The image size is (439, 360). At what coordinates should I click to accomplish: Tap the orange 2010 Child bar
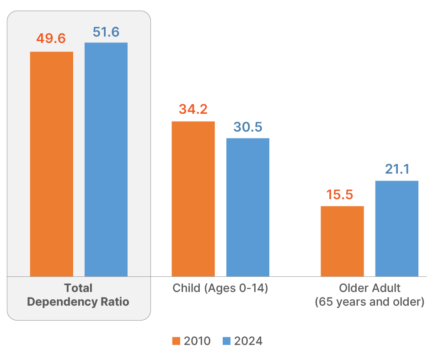(193, 198)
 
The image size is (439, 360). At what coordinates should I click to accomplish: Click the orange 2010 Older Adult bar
(342, 241)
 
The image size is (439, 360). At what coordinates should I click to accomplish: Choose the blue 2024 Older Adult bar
(396, 228)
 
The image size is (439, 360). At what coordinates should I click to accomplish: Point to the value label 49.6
(51, 38)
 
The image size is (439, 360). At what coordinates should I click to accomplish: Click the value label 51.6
(106, 32)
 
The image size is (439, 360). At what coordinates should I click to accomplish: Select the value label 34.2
(193, 110)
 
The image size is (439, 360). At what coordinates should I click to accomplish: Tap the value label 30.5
(248, 127)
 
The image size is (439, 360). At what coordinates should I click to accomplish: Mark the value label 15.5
(340, 195)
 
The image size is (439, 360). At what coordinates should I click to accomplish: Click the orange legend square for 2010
(177, 341)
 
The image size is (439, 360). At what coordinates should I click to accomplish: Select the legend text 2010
(197, 341)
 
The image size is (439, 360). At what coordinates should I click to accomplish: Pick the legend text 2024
(248, 341)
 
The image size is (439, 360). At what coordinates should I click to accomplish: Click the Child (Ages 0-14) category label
(220, 288)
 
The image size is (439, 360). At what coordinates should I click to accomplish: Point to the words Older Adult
(369, 288)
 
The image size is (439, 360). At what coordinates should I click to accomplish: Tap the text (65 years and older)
(369, 302)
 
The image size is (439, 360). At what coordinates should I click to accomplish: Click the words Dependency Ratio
(78, 302)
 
